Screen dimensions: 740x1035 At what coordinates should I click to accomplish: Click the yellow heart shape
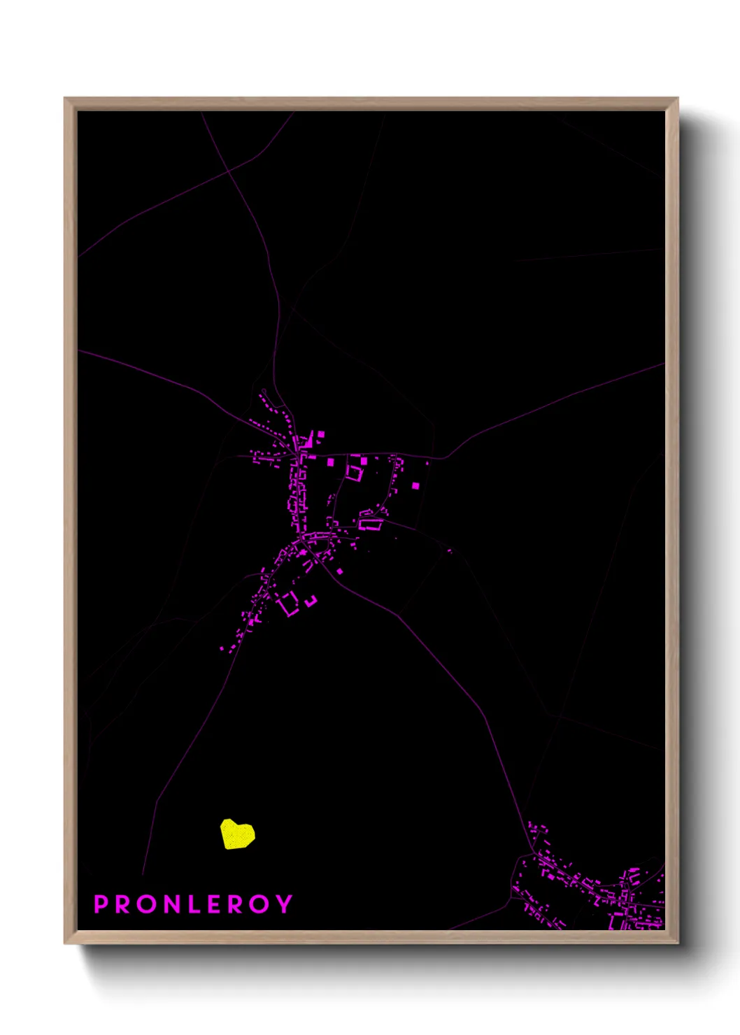237,834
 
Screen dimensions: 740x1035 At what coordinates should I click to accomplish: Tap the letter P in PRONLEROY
101,904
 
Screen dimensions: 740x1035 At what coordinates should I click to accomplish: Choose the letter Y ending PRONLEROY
284,904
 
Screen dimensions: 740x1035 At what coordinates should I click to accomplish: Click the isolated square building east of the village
415,485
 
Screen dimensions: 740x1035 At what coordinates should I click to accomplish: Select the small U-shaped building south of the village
311,600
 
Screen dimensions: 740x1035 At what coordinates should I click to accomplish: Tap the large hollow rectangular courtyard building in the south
287,604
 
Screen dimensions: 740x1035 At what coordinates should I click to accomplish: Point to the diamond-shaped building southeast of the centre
340,571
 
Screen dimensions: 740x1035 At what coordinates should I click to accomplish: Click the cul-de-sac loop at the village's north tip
264,392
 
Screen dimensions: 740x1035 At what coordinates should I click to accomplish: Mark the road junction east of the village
442,458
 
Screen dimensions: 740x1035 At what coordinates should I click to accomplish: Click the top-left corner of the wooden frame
65,99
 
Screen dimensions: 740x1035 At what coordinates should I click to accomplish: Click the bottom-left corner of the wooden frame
65,943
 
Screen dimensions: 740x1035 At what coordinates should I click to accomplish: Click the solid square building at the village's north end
321,435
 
